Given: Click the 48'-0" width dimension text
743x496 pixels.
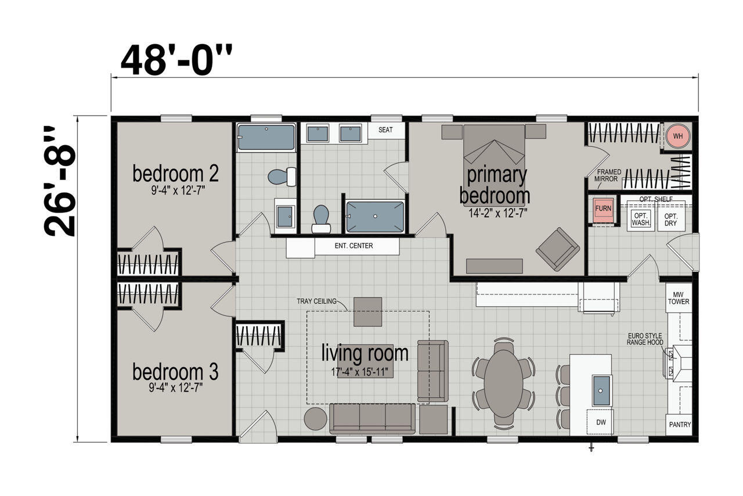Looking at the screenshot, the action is [176, 60].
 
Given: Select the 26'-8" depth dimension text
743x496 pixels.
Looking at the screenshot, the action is [60, 181].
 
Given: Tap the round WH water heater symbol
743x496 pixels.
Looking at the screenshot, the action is [678, 136].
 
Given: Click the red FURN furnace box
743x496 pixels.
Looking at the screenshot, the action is [603, 209].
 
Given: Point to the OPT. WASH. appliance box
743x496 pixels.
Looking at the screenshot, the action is [640, 219].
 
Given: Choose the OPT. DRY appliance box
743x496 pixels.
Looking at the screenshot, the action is [671, 220].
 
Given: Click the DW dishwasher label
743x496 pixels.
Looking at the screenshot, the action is [601, 422].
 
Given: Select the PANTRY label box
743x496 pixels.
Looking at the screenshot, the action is [679, 425].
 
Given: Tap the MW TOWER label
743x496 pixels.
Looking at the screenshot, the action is [679, 298].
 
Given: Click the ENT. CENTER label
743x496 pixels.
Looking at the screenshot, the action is [354, 246].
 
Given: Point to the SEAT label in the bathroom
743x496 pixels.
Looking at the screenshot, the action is [385, 130].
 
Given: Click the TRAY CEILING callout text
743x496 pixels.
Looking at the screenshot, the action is [316, 301].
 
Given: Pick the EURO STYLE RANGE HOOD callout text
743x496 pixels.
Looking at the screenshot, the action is [645, 339].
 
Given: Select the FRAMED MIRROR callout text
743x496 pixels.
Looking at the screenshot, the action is [607, 175].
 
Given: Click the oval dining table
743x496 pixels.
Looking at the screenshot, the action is [503, 383].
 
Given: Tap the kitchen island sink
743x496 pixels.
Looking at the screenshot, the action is [601, 390].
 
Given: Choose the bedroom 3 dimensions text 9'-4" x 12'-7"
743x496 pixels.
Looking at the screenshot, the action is [175, 387].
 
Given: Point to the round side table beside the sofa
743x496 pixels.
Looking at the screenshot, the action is [315, 419].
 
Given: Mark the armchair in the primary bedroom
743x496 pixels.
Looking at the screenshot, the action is [558, 249].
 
